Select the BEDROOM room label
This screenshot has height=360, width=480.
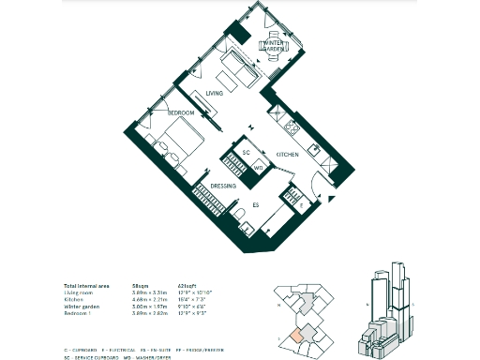[x=181, y=113]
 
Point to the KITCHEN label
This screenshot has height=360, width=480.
[x=287, y=154]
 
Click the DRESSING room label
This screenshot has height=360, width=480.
[x=223, y=187]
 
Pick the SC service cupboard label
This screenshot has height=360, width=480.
[x=246, y=152]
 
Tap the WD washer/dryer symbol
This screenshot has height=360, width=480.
[x=259, y=169]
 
